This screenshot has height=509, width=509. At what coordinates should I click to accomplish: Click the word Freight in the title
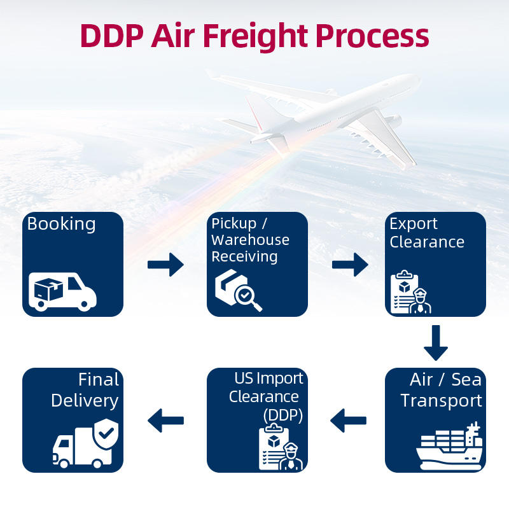[x=255, y=37]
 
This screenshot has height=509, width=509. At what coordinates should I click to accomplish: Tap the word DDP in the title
[x=112, y=36]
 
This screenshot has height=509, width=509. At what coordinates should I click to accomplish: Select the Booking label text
[x=61, y=225]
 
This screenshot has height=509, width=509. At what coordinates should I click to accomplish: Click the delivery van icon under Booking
[x=62, y=291]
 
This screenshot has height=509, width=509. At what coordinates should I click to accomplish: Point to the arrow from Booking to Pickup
[x=165, y=265]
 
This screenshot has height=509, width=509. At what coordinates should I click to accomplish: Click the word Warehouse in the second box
[x=250, y=240]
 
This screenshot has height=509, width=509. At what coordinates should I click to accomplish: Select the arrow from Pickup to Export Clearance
[x=350, y=265]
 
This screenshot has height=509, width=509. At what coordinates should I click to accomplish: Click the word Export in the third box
[x=413, y=224]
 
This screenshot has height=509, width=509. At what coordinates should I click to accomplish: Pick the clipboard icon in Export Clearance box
[x=405, y=291]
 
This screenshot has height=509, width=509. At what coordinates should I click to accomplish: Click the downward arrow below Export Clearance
[x=436, y=343]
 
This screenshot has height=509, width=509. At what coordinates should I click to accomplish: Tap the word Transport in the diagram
[x=441, y=401]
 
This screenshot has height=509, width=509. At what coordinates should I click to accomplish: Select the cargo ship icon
[x=449, y=446]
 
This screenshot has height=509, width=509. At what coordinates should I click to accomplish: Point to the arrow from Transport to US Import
[x=348, y=421]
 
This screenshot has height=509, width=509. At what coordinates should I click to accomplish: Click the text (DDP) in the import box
[x=282, y=415]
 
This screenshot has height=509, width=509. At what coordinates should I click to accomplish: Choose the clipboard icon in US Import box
[x=274, y=447]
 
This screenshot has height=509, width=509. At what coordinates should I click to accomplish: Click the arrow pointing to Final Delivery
[x=165, y=421]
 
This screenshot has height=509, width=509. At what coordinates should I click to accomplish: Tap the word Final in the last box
[x=99, y=379]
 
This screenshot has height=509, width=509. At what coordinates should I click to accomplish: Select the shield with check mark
[x=106, y=433]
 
